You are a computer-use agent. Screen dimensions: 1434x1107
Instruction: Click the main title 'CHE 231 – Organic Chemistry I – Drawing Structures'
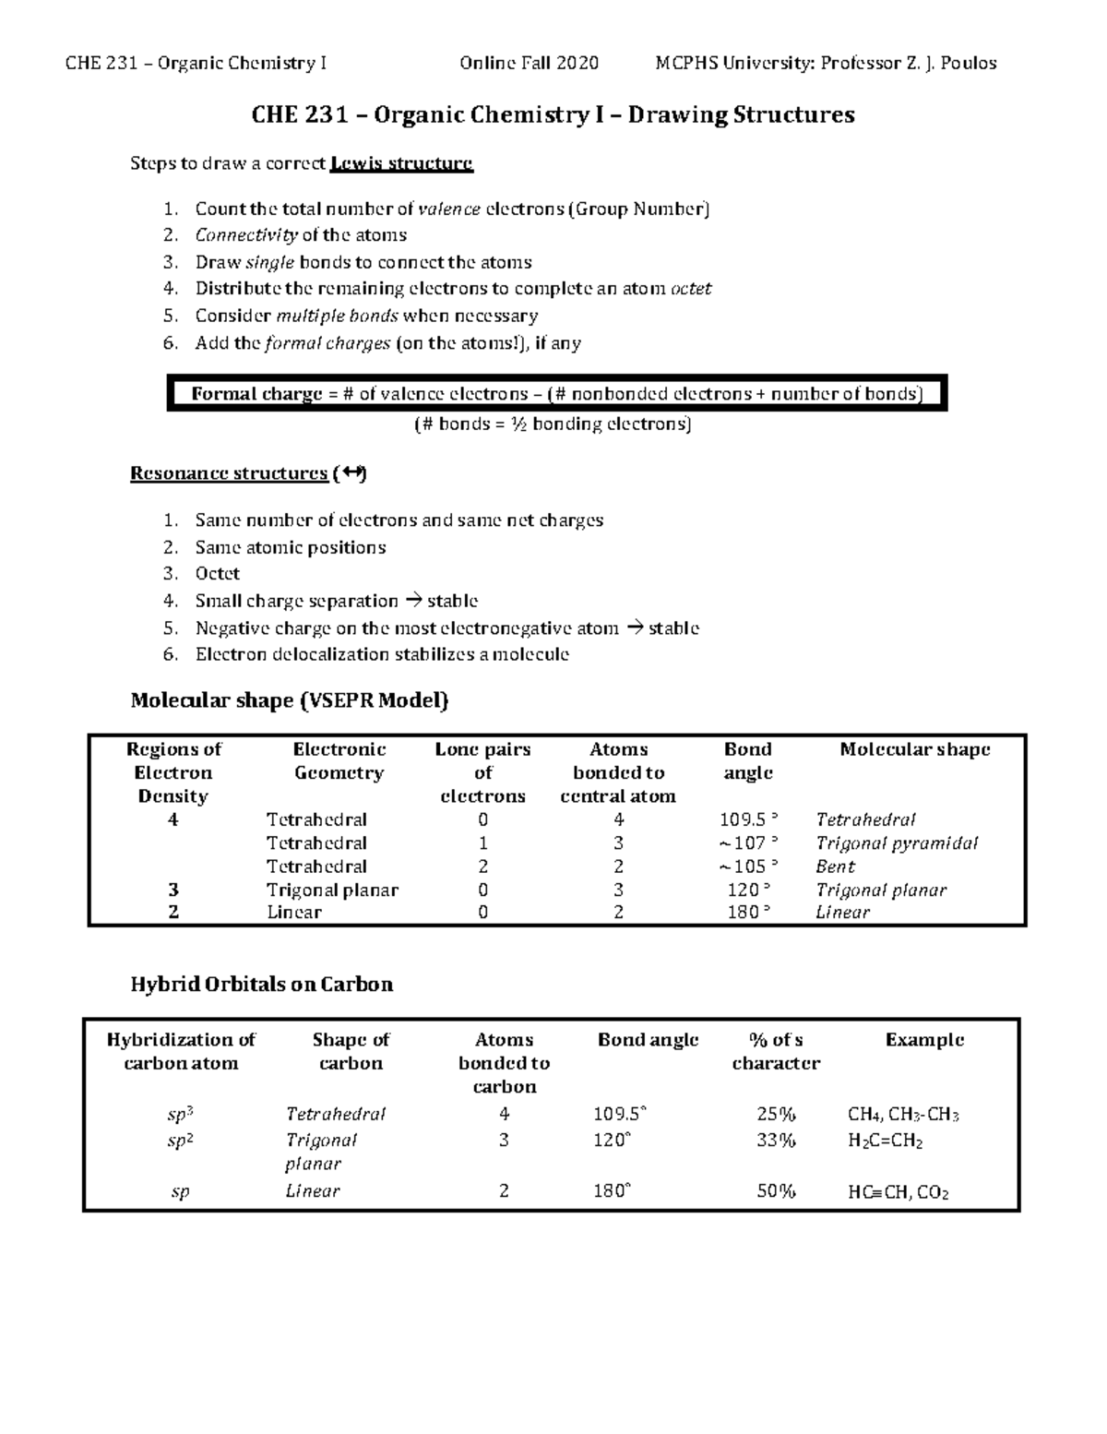click(x=553, y=115)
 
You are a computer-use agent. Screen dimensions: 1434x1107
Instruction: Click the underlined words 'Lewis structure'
click(x=401, y=164)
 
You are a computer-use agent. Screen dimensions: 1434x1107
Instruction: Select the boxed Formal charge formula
click(x=556, y=395)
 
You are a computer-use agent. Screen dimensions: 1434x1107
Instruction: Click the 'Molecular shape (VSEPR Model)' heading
click(x=289, y=700)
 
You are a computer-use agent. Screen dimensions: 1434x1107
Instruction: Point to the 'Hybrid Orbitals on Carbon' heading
click(x=261, y=985)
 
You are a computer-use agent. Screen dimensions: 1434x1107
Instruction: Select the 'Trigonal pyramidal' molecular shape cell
click(x=897, y=843)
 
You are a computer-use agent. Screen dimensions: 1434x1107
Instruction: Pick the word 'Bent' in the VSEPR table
click(x=835, y=866)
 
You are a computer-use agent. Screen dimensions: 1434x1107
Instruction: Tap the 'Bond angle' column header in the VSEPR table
click(x=748, y=761)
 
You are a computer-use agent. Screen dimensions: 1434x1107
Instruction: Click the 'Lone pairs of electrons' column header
click(x=482, y=772)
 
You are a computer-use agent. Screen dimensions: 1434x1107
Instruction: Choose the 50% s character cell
click(x=776, y=1191)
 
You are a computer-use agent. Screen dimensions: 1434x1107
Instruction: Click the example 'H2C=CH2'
click(x=885, y=1141)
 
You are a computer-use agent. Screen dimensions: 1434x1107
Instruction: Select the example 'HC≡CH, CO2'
click(x=898, y=1192)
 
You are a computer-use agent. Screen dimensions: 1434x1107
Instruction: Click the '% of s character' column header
click(x=776, y=1051)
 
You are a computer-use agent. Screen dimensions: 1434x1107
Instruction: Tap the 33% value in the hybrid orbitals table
click(x=776, y=1141)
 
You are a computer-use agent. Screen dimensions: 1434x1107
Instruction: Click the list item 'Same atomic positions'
click(x=290, y=547)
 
